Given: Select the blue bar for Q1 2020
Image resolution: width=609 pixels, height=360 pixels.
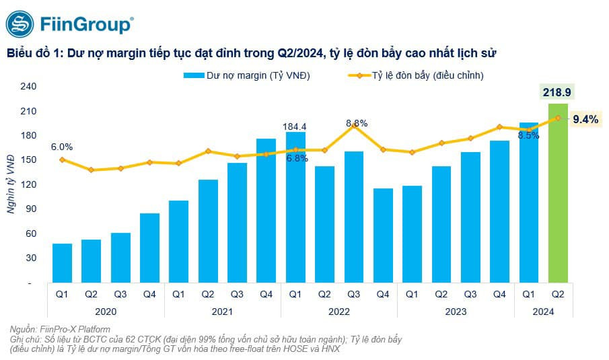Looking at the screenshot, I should [62, 262].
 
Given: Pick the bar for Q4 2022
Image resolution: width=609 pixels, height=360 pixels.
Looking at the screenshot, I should [383, 235].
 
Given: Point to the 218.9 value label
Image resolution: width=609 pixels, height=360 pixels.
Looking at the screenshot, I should [559, 92].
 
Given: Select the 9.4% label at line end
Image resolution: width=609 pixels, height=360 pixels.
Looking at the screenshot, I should [585, 119].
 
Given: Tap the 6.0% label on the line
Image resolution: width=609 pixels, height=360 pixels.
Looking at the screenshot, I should [61, 147].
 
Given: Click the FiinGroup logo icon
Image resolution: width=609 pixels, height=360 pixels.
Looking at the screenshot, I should [20, 25].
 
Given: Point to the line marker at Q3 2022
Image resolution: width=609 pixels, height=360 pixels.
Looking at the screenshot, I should [354, 126].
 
